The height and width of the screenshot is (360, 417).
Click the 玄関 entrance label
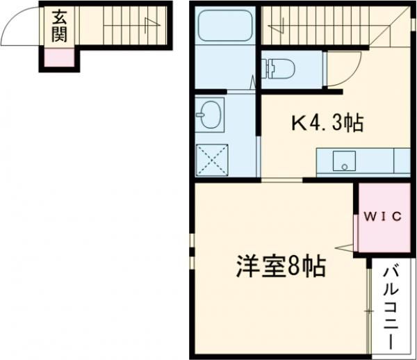click(x=58, y=24)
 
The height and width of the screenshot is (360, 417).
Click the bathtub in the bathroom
click(x=223, y=27)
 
